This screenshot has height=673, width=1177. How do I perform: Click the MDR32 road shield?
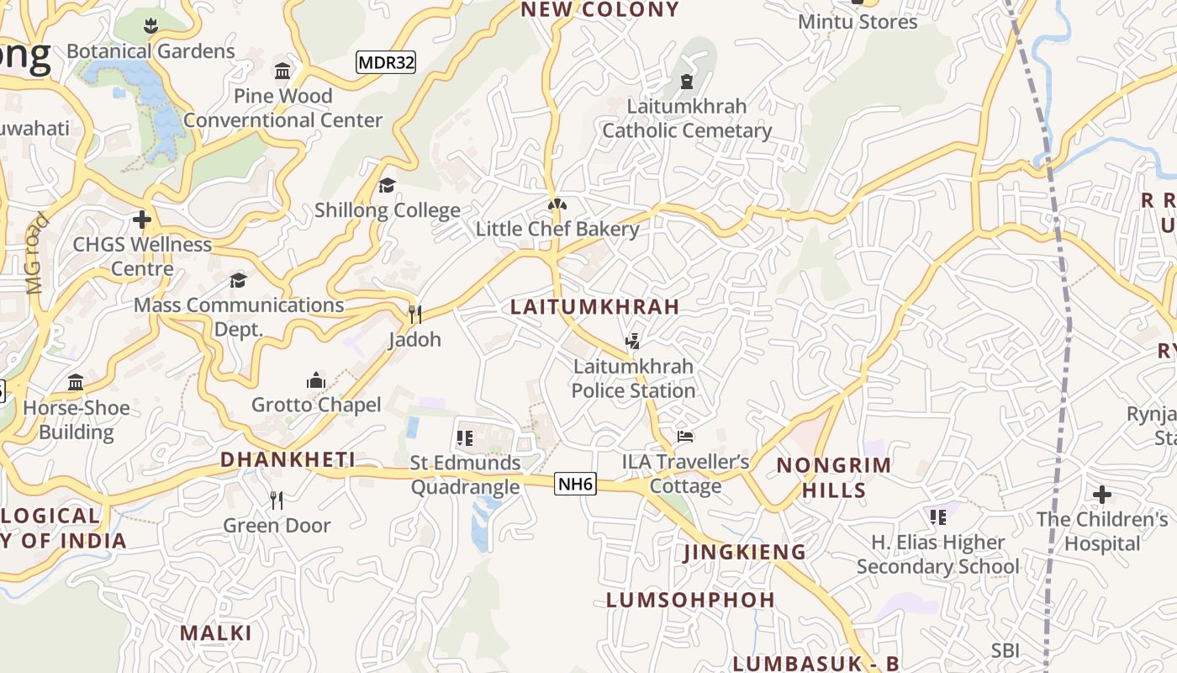point(386,62)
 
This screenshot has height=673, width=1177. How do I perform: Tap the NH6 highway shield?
point(575,484)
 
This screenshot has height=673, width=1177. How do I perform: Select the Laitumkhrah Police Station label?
point(633,379)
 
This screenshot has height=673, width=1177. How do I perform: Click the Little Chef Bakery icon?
point(556,204)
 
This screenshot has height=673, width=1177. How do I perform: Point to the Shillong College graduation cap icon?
point(387,185)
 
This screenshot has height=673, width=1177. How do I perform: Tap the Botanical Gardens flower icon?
point(150,26)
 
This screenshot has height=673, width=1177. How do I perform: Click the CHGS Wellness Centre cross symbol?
point(142,220)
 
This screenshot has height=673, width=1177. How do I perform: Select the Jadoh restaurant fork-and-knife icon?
point(414,315)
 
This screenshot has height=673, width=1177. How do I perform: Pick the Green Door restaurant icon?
point(277,501)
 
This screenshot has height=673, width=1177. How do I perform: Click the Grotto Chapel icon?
point(316,380)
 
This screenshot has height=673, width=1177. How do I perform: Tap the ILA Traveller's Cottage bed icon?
point(685,437)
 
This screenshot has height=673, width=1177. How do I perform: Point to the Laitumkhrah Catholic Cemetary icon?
point(687,82)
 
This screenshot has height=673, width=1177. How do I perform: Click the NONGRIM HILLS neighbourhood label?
point(833,477)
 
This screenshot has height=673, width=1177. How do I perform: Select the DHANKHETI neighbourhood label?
point(288,459)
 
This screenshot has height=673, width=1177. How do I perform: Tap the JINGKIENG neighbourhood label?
point(744,552)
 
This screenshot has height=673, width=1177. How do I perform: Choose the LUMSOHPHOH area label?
point(690,600)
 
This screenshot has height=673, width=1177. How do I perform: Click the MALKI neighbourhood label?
point(216,633)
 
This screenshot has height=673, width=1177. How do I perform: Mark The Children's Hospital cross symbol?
point(1101,495)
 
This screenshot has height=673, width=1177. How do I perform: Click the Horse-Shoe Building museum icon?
point(76,383)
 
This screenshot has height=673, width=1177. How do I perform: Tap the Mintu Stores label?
point(858,22)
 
